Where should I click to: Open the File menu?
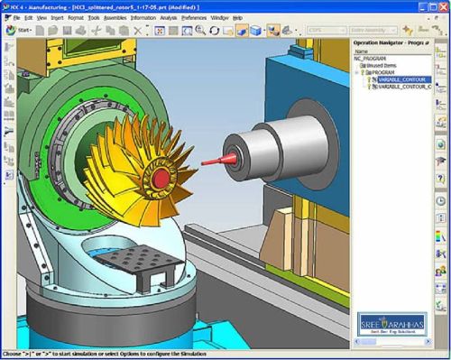pyautogui.click(x=17, y=17)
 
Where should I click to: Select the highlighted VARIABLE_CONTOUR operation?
pyautogui.click(x=401, y=80)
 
